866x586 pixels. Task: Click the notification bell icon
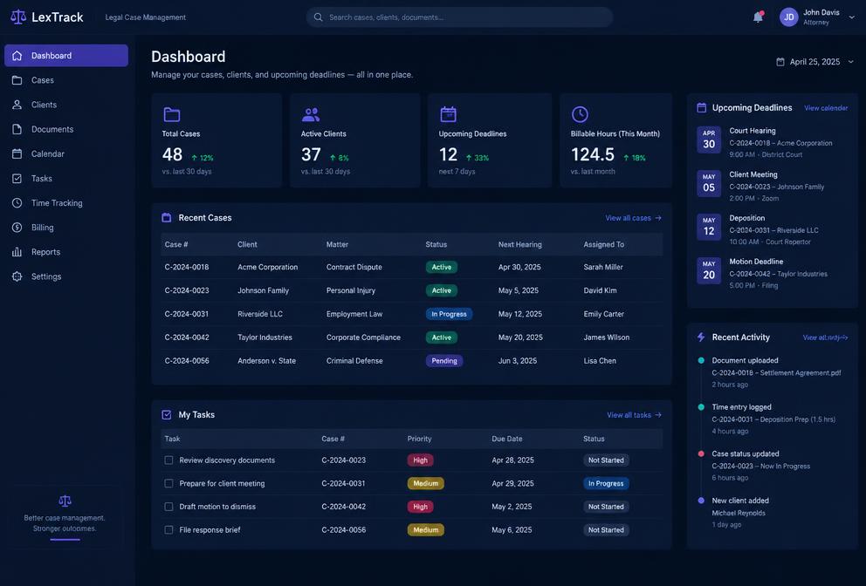(758, 17)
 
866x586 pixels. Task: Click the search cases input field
(459, 17)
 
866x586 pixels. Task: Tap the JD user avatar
(788, 17)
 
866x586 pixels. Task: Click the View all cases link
(633, 218)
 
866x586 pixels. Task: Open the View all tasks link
(634, 415)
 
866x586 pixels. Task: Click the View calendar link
(826, 108)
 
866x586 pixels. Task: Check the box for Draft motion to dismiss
(168, 507)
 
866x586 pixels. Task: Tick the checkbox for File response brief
(168, 529)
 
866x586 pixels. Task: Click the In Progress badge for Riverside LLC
(449, 314)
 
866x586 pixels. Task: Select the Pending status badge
(444, 361)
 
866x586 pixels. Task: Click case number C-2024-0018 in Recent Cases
(187, 267)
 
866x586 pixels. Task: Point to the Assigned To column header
(603, 244)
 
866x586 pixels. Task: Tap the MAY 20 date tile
(709, 270)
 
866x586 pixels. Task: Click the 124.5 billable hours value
(593, 154)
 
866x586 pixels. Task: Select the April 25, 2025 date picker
(814, 62)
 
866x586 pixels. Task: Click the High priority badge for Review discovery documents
(420, 460)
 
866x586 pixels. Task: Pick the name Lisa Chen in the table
(600, 361)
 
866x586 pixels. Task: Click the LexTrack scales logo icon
(18, 17)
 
